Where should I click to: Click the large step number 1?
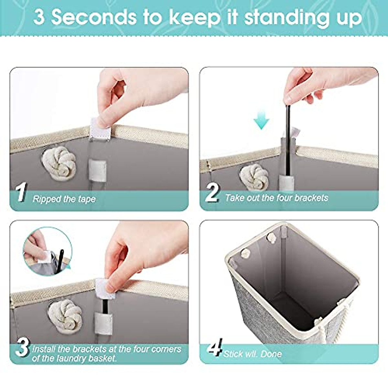(21, 193)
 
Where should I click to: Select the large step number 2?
(212, 193)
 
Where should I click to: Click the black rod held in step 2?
(287, 136)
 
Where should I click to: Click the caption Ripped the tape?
(64, 199)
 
